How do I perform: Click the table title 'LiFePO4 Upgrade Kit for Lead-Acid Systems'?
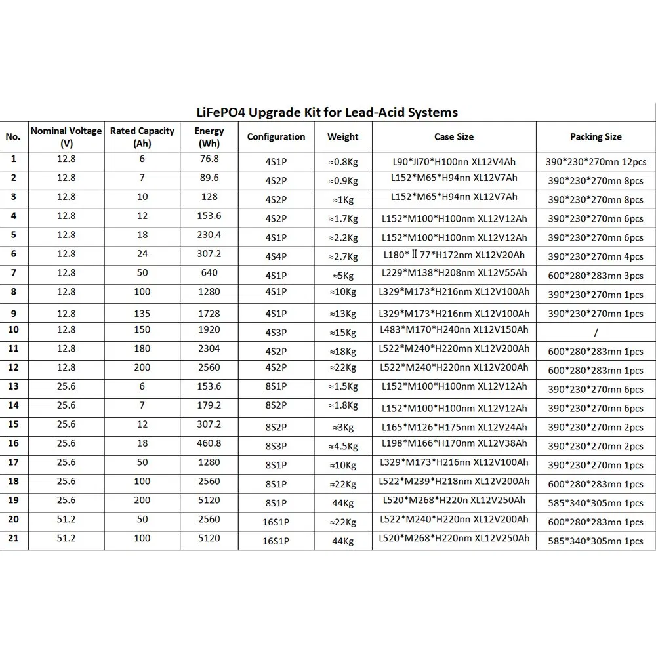328,112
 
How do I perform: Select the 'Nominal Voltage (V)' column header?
66,136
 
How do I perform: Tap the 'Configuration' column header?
276,136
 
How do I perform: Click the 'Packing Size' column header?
596,136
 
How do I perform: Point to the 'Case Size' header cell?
454,136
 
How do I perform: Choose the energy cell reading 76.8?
209,159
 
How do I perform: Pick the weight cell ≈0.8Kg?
342,161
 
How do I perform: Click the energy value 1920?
209,329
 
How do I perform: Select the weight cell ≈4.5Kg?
342,447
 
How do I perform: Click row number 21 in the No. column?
14,538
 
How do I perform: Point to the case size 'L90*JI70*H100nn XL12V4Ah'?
454,160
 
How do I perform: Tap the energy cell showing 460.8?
209,443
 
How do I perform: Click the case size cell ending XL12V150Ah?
454,329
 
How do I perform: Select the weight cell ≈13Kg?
342,314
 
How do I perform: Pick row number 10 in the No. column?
14,329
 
